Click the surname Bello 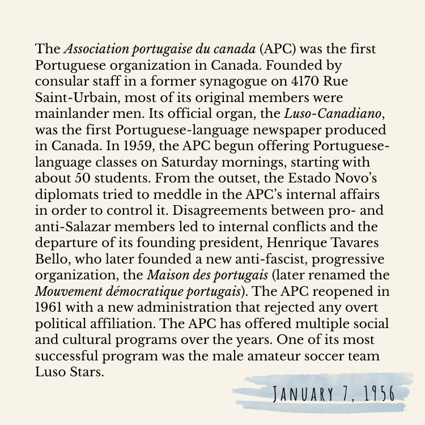(51, 240)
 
